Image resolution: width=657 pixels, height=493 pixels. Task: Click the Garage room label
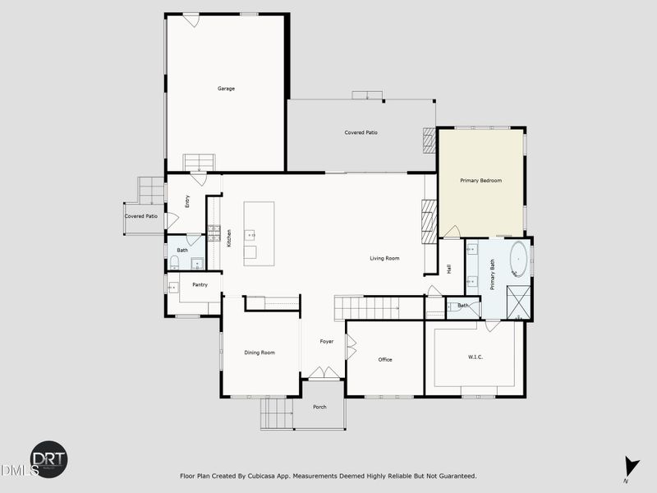point(226,89)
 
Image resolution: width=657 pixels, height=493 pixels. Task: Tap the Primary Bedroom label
point(480,181)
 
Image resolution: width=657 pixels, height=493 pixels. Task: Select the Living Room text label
point(384,259)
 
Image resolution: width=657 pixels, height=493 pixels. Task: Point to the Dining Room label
point(260,352)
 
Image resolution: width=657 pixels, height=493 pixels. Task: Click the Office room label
point(385,360)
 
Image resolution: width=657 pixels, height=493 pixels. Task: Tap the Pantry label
point(200,285)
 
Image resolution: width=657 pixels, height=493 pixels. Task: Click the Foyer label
point(327,341)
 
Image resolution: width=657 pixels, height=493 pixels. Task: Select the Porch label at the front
point(319,407)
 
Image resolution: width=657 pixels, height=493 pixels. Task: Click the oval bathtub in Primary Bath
point(519,260)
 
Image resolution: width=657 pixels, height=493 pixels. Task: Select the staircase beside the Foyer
point(366,308)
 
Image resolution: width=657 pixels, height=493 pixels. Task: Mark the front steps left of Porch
point(276,412)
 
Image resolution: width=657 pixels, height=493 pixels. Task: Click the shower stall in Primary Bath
point(518,302)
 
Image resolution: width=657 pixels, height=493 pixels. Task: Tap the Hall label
point(449,268)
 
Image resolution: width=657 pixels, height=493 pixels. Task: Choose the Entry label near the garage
point(187,200)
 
